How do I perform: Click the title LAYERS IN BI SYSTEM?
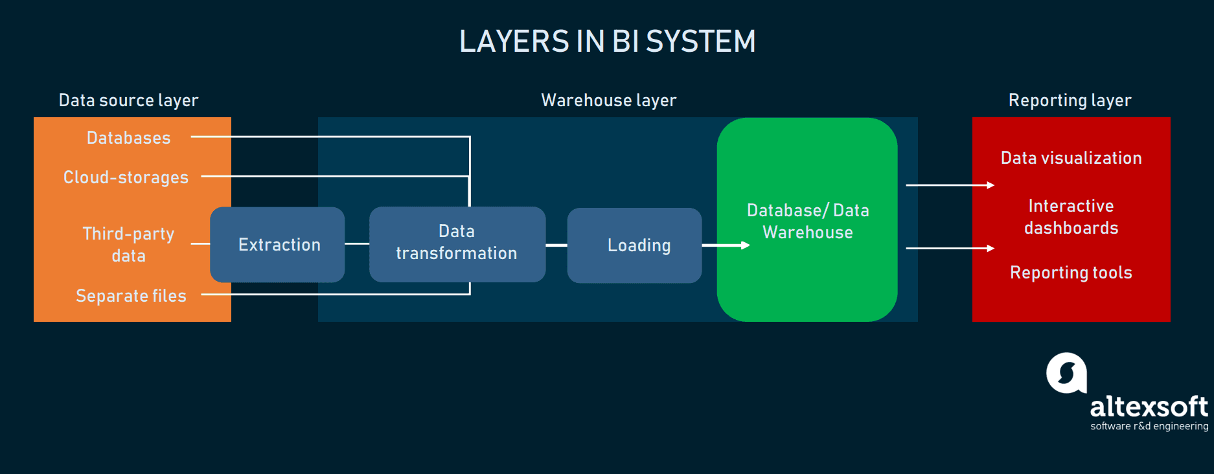click(607, 41)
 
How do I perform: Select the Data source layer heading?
click(128, 100)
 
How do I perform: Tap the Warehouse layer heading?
click(608, 100)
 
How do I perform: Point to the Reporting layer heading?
click(1070, 100)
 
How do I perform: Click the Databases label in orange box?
click(128, 138)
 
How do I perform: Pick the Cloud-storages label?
click(126, 177)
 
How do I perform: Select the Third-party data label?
click(128, 244)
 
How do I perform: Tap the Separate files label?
click(131, 296)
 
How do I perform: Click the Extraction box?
click(279, 245)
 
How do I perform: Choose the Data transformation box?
click(457, 243)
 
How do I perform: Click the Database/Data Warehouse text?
click(808, 221)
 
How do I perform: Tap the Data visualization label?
click(1071, 158)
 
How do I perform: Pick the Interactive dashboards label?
click(1071, 216)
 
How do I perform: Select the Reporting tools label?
click(1071, 273)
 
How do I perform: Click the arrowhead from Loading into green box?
click(745, 245)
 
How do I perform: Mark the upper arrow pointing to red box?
click(990, 185)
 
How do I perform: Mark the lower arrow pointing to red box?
click(990, 248)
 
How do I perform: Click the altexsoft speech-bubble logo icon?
click(1066, 373)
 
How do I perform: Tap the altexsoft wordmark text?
click(1149, 407)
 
